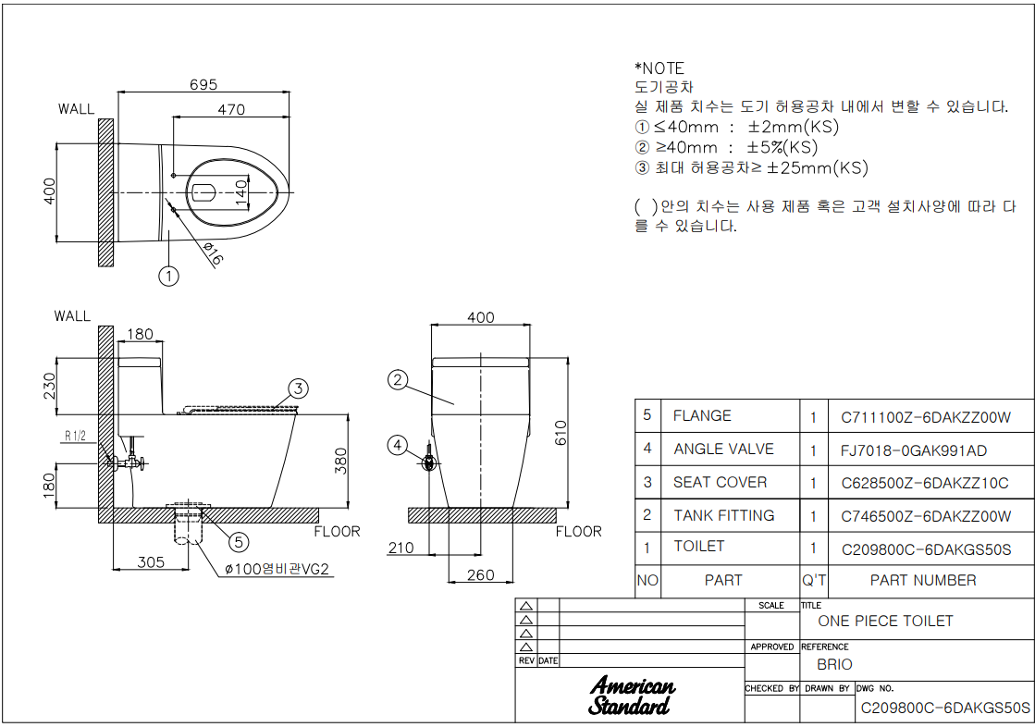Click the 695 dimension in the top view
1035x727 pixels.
tap(203, 85)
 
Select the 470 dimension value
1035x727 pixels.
tap(231, 110)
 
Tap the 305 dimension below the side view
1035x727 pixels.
tap(151, 561)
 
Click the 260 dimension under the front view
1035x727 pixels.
tap(481, 575)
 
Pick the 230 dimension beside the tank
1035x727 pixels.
tap(50, 382)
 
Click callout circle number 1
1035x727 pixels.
tap(168, 276)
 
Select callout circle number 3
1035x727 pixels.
tap(297, 388)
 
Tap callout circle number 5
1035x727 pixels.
tap(238, 542)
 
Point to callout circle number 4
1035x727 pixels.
tap(398, 447)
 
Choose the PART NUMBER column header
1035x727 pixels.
tap(922, 581)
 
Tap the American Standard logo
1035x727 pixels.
tap(632, 696)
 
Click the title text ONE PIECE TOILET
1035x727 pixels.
tap(885, 622)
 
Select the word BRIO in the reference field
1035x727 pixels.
tap(834, 665)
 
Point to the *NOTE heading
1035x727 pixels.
tap(659, 68)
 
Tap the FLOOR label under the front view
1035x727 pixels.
tap(578, 532)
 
